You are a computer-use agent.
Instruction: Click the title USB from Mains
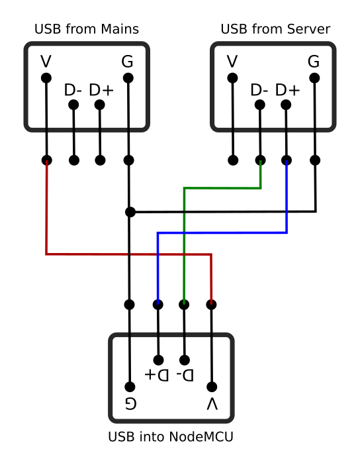87,29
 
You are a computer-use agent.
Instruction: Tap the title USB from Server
275,29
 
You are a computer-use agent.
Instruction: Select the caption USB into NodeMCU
171,437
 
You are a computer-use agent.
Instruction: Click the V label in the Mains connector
46,62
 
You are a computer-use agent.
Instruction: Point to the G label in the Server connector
314,62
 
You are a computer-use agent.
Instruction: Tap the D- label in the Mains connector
73,90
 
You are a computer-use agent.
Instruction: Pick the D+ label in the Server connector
287,90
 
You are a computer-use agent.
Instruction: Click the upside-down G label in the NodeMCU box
130,403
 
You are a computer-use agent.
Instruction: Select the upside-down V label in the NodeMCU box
212,403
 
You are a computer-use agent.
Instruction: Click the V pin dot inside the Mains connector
46,78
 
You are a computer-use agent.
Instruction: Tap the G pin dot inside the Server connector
314,78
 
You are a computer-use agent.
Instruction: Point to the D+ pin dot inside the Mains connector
99,105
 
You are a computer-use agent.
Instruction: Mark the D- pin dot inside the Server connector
260,105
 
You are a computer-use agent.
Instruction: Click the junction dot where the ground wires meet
130,212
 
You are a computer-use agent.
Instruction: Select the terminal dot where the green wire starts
261,160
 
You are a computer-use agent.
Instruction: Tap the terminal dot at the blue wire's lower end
158,305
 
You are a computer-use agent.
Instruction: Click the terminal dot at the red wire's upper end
47,160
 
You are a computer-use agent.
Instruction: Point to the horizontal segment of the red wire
128,254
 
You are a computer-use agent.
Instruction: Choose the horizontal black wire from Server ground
223,212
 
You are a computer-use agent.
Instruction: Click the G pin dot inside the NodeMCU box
130,387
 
